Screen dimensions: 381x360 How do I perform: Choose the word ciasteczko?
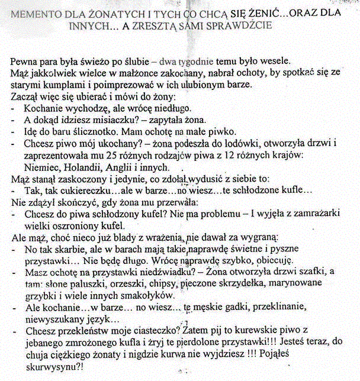point(157,330)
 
